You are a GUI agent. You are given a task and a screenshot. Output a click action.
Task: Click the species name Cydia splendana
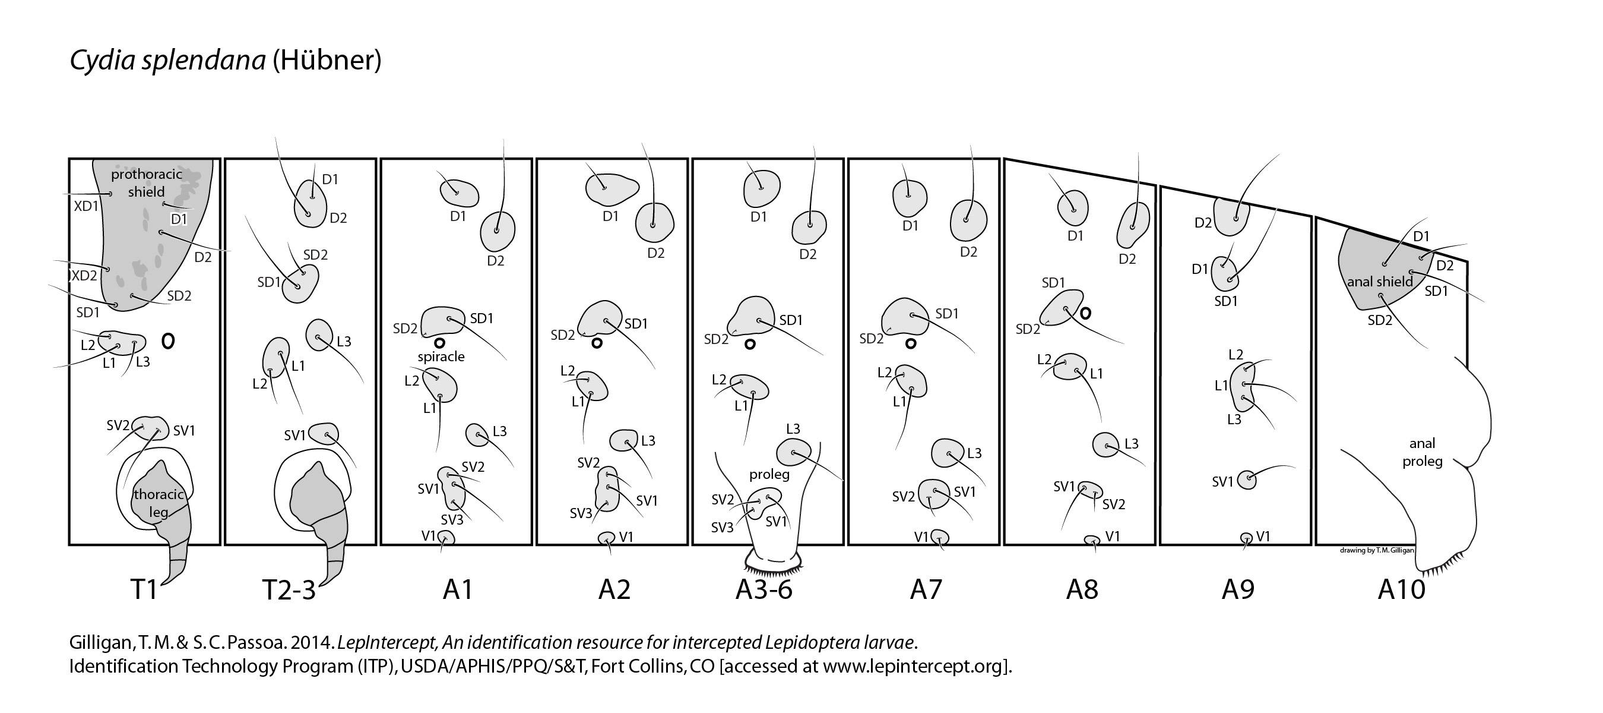[167, 61]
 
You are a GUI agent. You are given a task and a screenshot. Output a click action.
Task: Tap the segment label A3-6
[764, 589]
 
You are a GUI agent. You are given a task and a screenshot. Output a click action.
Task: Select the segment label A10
[1401, 589]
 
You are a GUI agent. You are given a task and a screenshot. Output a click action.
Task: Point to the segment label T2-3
[289, 589]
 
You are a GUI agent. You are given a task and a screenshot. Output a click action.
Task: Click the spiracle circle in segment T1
[168, 340]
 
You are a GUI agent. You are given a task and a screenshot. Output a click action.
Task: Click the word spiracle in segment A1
[441, 357]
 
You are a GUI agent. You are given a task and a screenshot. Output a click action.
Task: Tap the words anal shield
[1380, 282]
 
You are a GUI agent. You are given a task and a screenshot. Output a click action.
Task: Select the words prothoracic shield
[146, 182]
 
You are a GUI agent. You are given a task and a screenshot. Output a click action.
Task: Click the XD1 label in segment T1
[86, 206]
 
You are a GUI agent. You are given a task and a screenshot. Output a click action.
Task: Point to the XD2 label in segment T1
[84, 275]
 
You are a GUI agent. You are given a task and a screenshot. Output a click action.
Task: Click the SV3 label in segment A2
[581, 513]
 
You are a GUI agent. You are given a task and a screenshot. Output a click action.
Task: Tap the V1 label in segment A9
[1263, 536]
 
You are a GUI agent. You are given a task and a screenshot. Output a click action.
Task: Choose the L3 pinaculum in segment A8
[1106, 444]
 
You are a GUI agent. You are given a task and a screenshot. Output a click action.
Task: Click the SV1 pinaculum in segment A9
[1246, 479]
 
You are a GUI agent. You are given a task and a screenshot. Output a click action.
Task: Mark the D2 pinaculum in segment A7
[969, 220]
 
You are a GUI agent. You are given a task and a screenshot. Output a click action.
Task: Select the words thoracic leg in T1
[159, 503]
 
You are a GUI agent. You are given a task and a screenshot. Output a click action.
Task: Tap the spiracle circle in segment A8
[1085, 313]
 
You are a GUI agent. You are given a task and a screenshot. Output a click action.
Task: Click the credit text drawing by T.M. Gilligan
[1376, 550]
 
